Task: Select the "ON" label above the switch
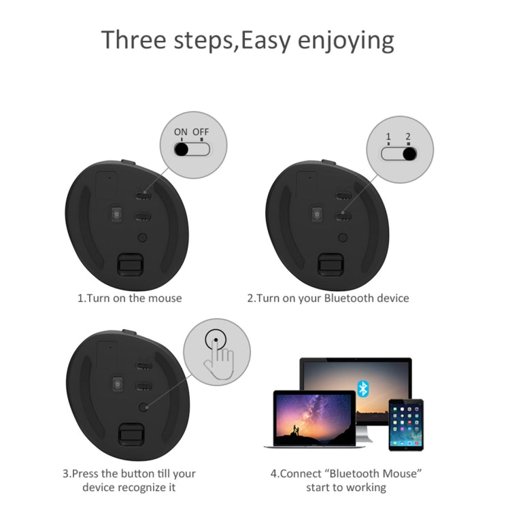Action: [180, 132]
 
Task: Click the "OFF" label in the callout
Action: [201, 132]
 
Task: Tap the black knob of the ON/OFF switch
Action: [182, 150]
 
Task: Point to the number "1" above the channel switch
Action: [388, 137]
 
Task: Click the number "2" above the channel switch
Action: [408, 137]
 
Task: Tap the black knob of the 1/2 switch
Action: [409, 154]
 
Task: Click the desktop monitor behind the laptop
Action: [355, 381]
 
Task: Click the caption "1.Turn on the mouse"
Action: [129, 298]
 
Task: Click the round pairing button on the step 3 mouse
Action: [143, 406]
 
